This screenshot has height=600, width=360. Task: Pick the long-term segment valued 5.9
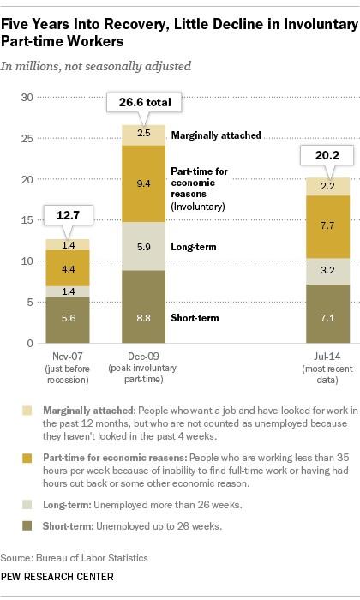tap(143, 246)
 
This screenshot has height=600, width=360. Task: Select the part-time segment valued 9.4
tap(143, 183)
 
